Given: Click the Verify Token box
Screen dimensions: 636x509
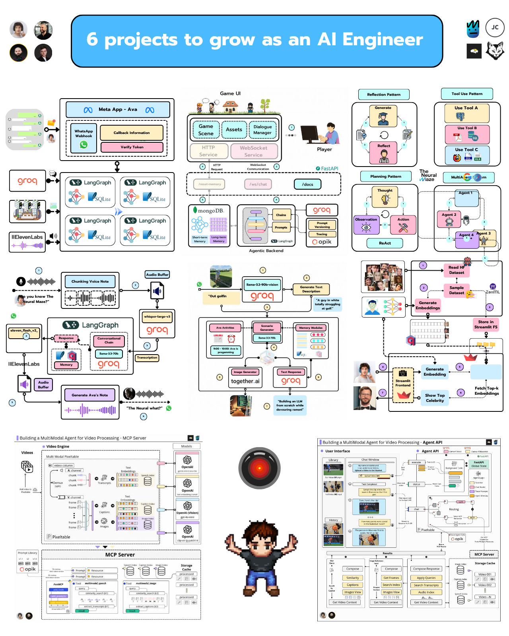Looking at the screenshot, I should (x=132, y=147).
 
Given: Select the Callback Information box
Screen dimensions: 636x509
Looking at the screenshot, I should (x=132, y=133).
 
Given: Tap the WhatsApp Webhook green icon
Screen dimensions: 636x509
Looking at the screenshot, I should (x=84, y=145).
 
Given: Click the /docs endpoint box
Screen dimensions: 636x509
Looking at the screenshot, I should (x=307, y=184).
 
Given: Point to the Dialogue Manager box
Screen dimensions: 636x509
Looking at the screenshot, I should (x=262, y=130).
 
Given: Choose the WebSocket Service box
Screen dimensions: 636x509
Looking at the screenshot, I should (x=253, y=151).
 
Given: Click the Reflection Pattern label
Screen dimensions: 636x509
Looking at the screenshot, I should (x=384, y=95).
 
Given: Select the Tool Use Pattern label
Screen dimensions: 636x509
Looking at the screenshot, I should (x=467, y=94).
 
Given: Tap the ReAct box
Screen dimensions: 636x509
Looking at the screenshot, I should (x=385, y=243).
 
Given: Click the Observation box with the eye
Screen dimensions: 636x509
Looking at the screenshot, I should (x=366, y=225).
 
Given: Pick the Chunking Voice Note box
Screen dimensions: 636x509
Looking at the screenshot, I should (x=90, y=281).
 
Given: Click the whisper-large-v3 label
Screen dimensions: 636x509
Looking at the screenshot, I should (x=157, y=317).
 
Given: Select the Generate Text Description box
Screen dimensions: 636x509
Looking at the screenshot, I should (x=311, y=289).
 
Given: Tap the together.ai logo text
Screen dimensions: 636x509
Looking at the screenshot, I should (x=245, y=381).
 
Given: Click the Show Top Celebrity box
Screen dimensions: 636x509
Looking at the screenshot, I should (x=435, y=398).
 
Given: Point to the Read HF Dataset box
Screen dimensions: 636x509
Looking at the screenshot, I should (x=457, y=270).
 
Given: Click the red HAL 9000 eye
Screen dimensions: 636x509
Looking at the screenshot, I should (x=259, y=468).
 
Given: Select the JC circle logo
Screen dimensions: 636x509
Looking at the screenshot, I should (x=495, y=27).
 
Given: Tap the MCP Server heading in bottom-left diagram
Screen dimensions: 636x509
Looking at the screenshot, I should (x=120, y=555).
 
